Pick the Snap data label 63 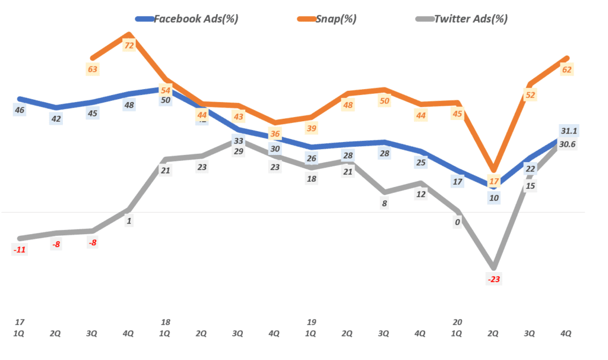[93, 69]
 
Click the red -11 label [20, 250]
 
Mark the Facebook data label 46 [20, 110]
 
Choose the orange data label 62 [566, 70]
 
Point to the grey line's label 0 [457, 222]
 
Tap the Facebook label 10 [493, 198]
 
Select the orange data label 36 [275, 134]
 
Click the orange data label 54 [166, 91]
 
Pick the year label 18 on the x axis [166, 322]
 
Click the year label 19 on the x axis [311, 322]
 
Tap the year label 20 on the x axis [457, 322]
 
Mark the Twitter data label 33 [239, 141]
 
